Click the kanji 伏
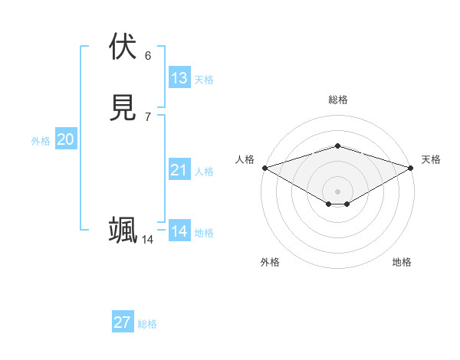tap(123, 47)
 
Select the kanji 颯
tap(123, 230)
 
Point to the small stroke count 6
tap(148, 55)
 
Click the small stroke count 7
tap(148, 116)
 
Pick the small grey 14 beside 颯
tap(147, 240)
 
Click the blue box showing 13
tap(179, 78)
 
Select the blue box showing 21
tap(179, 170)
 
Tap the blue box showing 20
tap(66, 139)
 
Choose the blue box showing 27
tap(123, 322)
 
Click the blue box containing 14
tap(179, 231)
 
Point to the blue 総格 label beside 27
tap(147, 324)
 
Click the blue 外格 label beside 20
tap(41, 141)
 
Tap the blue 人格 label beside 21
tap(204, 172)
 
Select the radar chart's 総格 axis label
tap(337, 100)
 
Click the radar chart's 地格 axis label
tap(402, 262)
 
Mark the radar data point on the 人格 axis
tap(264, 167)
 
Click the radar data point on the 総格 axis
tap(337, 146)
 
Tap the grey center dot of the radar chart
tap(337, 191)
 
